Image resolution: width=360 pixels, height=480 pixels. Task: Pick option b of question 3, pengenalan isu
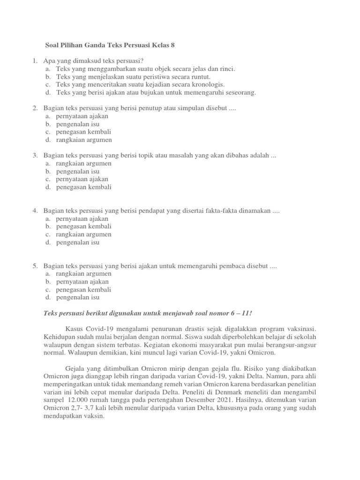[x=77, y=172]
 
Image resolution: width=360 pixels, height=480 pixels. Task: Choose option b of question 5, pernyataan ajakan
[x=82, y=282]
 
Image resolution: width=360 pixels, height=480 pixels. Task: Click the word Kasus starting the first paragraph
[x=75, y=330]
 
